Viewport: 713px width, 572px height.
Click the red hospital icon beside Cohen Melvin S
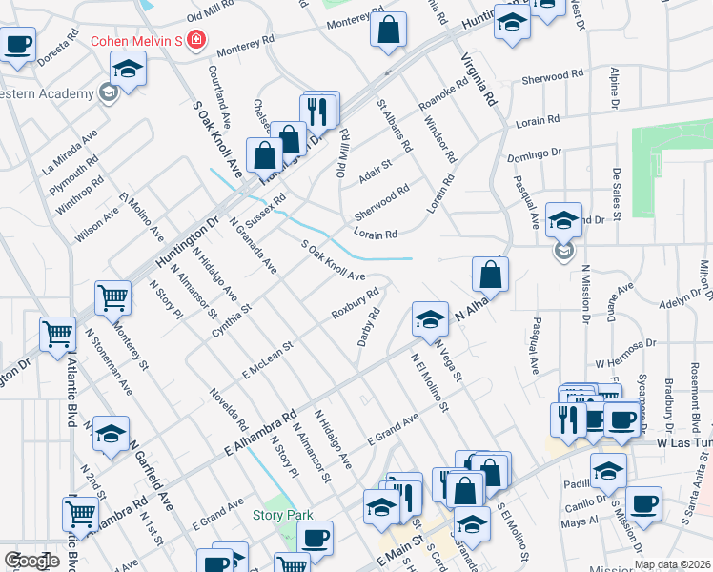pos(196,40)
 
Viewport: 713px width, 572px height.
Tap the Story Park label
pos(282,516)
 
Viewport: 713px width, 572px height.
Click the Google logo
pos(31,561)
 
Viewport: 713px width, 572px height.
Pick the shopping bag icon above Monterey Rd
pos(388,29)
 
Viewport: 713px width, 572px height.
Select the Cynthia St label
pos(232,320)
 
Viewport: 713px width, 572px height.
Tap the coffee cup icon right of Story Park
pos(314,537)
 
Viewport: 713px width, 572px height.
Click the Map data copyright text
pos(670,564)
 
